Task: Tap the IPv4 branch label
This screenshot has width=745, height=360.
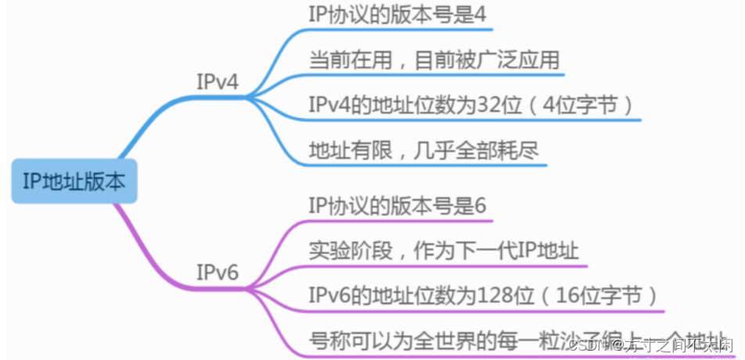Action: point(218,82)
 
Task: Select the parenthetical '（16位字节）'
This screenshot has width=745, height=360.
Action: point(602,296)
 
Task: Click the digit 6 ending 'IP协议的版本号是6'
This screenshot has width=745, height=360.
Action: point(480,206)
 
